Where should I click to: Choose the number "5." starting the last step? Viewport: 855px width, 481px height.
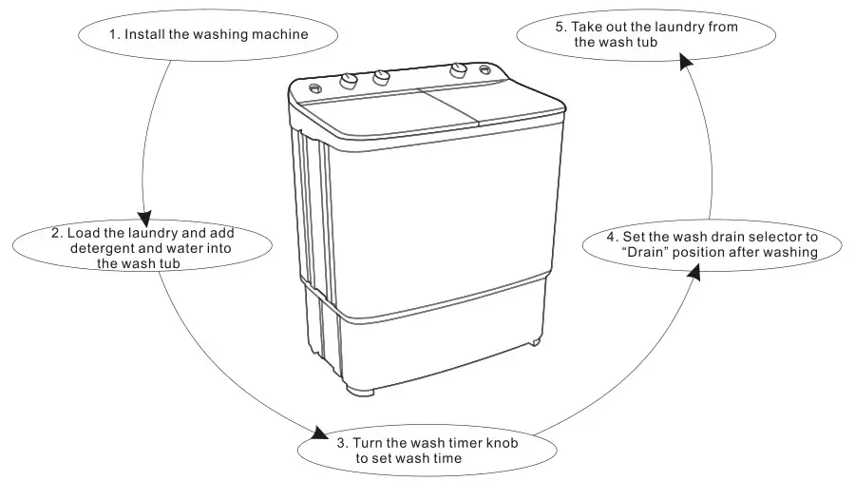tap(561, 27)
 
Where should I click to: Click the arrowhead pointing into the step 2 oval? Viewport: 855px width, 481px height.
tap(144, 216)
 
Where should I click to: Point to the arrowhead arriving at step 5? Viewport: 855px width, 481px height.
tap(685, 60)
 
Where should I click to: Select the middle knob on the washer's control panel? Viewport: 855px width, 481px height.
tap(381, 78)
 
